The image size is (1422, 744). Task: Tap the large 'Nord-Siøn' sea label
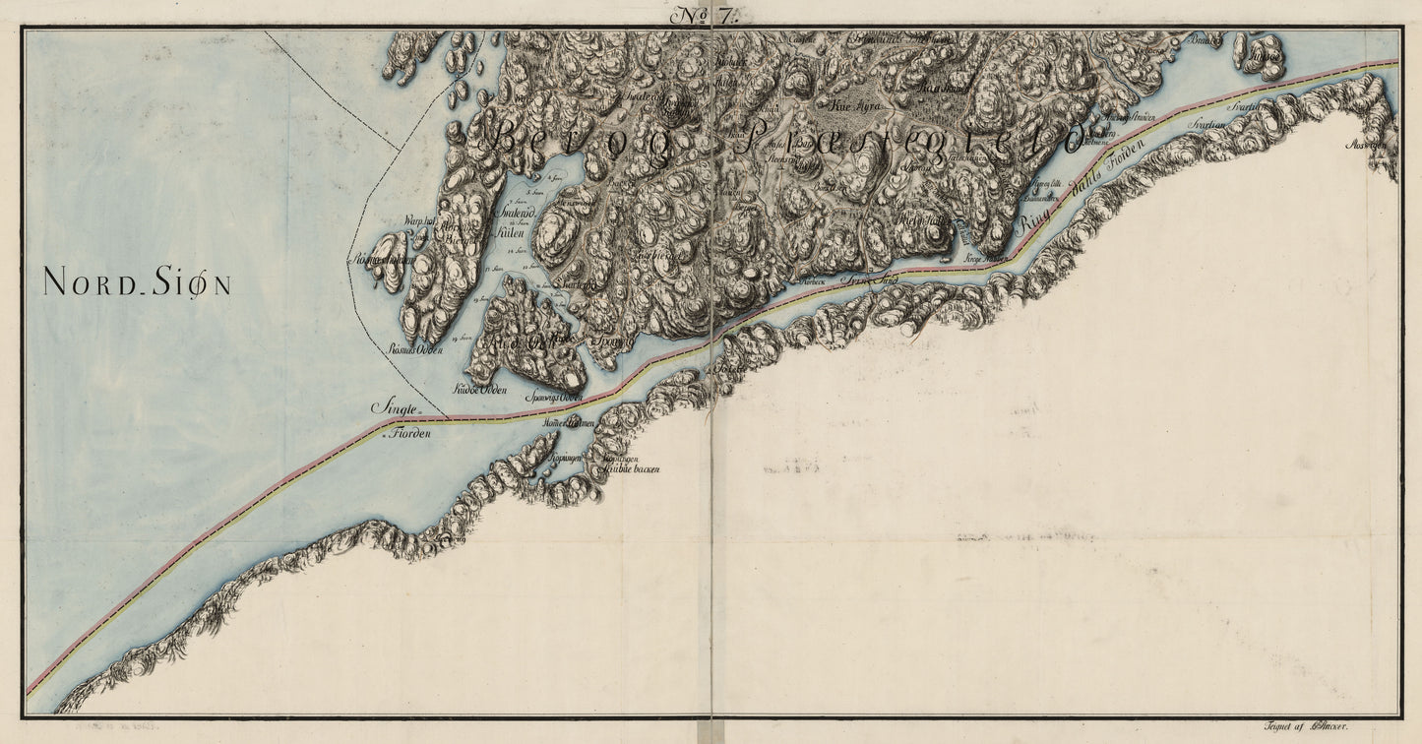pos(137,284)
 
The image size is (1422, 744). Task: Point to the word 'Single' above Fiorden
pos(396,407)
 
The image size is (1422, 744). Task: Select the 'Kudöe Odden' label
pos(479,390)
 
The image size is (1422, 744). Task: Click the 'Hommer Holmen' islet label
pos(570,423)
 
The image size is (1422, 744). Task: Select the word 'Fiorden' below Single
pos(412,433)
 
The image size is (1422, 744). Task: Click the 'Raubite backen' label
pos(631,469)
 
